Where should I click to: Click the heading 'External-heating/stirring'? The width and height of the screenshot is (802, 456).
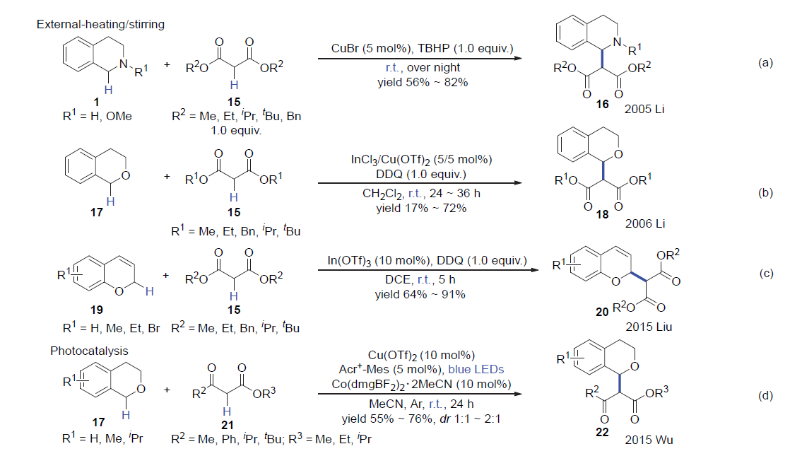100,25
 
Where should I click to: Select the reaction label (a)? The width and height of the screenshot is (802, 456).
765,63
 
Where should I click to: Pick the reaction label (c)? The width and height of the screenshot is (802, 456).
765,274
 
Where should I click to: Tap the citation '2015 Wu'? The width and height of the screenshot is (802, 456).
649,440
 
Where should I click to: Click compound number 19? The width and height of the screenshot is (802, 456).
97,310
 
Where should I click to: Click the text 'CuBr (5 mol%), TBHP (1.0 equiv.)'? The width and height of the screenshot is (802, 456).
423,49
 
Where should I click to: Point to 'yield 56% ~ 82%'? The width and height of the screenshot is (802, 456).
423,82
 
